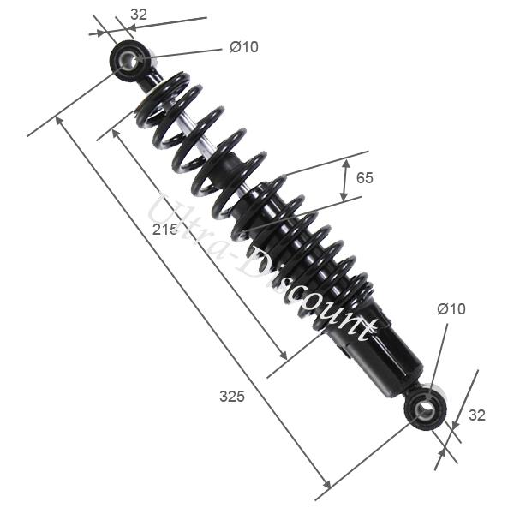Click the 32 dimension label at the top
click(x=139, y=14)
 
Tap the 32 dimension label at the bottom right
click(x=477, y=415)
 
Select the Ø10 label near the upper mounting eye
click(x=243, y=47)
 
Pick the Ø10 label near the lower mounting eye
click(x=451, y=309)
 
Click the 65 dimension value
click(x=365, y=178)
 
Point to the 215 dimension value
click(x=165, y=230)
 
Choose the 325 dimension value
click(x=231, y=397)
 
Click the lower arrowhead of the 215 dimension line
click(x=283, y=356)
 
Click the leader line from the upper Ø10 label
click(x=184, y=53)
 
